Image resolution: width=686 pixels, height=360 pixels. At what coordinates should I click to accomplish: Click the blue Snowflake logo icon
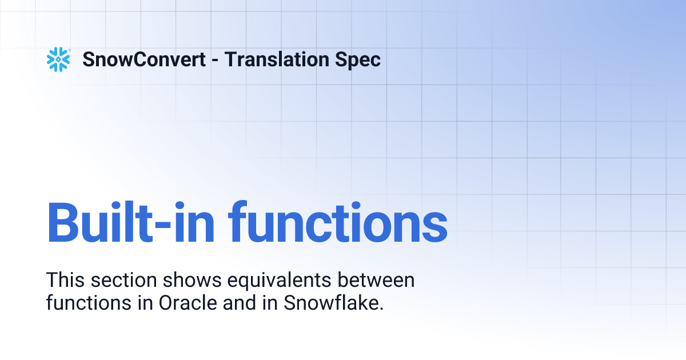click(58, 59)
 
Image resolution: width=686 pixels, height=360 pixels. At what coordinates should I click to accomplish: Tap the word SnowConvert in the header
click(144, 59)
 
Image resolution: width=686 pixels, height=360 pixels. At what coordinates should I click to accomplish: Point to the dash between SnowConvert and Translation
click(215, 60)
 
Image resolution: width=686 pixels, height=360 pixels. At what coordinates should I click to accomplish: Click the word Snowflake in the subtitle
click(330, 303)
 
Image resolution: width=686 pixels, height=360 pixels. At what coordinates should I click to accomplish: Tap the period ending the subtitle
click(381, 309)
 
